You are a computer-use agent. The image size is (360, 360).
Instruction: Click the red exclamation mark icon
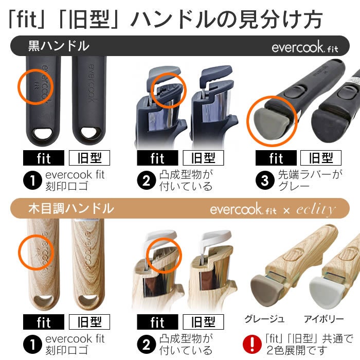(252, 345)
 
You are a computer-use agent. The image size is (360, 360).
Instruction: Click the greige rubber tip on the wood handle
(267, 290)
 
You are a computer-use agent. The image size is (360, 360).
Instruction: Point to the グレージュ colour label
(264, 319)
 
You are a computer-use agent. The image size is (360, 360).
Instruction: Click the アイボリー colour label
(323, 319)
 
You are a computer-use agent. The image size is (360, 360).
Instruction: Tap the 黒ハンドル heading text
(59, 46)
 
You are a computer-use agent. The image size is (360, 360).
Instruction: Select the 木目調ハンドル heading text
(71, 208)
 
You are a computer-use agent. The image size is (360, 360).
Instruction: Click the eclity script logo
(316, 209)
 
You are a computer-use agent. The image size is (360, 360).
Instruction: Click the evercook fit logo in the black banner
(305, 47)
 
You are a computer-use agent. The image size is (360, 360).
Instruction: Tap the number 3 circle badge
(265, 181)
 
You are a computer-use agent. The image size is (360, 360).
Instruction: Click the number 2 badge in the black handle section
(146, 181)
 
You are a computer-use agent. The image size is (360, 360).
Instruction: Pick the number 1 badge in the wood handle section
(32, 345)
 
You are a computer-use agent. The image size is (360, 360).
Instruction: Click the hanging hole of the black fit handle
(43, 133)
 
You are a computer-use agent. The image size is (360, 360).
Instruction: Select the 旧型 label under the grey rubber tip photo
(321, 158)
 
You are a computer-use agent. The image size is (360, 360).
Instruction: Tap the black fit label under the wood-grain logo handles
(44, 322)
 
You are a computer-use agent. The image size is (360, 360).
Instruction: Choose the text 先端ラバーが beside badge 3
(310, 174)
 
